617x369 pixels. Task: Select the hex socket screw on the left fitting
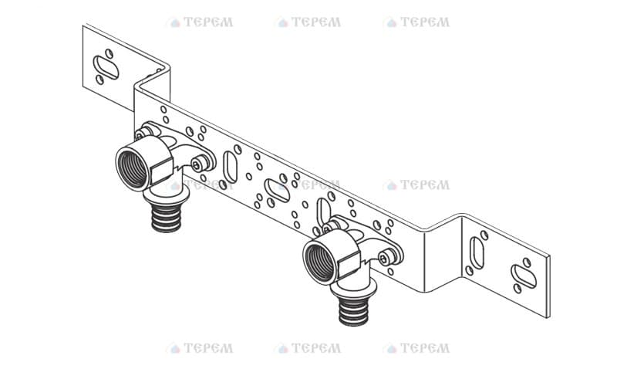coord(197,164)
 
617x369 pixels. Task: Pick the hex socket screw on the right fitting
coord(383,259)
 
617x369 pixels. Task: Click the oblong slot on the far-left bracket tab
coord(106,67)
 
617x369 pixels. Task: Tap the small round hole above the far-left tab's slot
coord(109,53)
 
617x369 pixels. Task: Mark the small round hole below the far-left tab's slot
coord(100,80)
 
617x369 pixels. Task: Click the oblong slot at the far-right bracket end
coord(524,276)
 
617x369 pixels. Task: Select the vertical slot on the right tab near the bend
coord(477,253)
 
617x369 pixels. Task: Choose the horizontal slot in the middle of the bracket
coord(278,191)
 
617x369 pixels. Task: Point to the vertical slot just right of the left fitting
coord(230,167)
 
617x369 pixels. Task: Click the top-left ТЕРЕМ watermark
coord(201,22)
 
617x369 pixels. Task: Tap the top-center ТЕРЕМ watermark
coord(309,22)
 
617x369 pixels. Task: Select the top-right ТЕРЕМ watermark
coord(417,22)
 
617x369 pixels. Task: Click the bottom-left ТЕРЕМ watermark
coord(201,348)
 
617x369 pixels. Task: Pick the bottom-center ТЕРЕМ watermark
coord(309,348)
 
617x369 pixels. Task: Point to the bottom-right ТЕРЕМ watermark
coord(417,348)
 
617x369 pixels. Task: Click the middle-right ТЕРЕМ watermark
coord(417,185)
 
